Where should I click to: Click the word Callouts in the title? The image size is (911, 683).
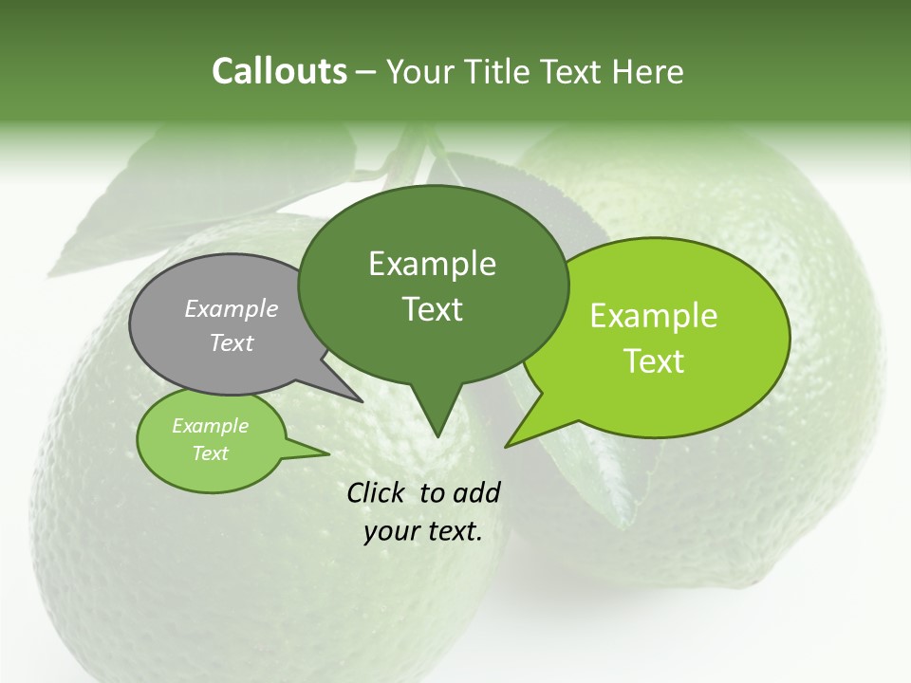pos(279,71)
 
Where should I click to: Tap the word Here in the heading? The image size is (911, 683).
pos(650,71)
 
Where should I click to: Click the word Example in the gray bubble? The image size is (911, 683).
pos(232,309)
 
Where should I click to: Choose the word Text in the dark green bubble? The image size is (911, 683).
pos(433,309)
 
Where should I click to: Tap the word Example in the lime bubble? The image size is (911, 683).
pos(654,316)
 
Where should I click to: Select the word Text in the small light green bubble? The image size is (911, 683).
pos(210,453)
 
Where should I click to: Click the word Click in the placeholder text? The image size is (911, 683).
pos(378,492)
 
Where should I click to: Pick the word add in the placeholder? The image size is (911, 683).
pos(476,492)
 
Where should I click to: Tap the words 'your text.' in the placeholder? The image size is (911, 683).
pos(423,532)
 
